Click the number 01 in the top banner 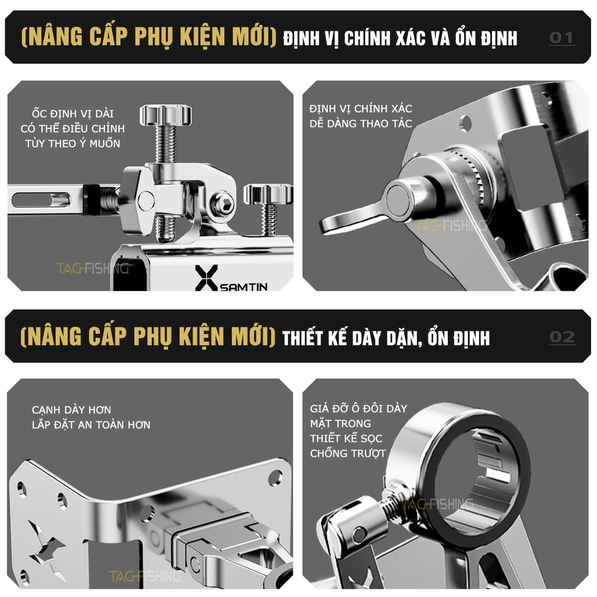(561, 38)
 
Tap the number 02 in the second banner (561, 337)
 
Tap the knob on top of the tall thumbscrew (166, 114)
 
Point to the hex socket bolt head (223, 203)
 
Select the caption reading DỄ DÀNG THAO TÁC (360, 123)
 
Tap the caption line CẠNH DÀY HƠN (71, 410)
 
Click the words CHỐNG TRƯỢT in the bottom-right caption (347, 453)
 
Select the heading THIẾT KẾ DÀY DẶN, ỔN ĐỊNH (386, 338)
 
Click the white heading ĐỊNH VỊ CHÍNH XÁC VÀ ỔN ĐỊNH (400, 38)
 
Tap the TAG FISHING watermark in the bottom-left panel (145, 576)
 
